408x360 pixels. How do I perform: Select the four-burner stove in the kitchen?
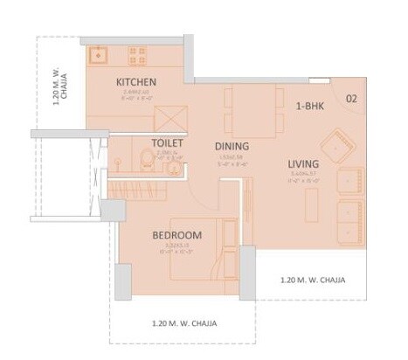tap(138, 57)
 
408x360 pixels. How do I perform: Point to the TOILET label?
tap(166, 142)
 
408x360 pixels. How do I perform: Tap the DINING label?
tap(232, 146)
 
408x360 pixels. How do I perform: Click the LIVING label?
tap(303, 164)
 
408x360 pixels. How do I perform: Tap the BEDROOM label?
tap(176, 235)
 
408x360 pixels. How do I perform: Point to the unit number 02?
tap(351, 98)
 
